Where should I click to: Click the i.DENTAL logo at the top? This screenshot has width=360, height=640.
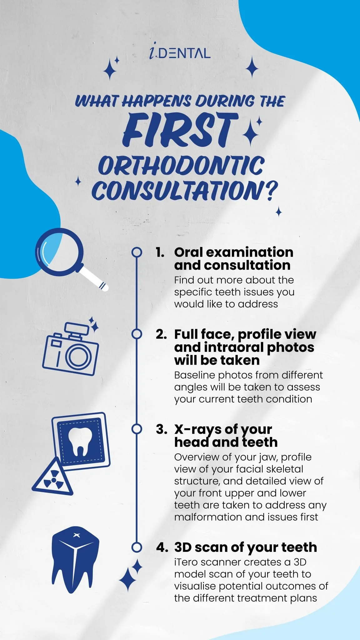coord(180,53)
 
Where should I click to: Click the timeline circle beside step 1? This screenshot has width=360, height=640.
coord(137,252)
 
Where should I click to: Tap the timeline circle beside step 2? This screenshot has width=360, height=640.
coord(137,334)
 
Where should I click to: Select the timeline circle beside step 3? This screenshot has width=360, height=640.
coord(137,429)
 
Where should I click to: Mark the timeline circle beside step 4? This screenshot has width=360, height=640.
coord(137,547)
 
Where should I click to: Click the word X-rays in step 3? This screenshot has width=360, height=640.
coord(198,430)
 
